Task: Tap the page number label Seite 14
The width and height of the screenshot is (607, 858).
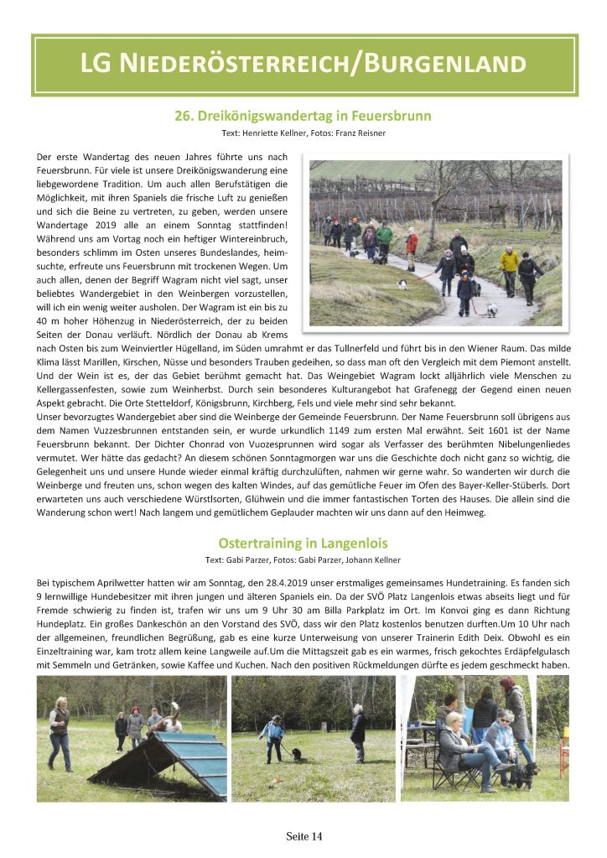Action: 303,836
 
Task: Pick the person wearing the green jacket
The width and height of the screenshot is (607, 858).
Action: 384,238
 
